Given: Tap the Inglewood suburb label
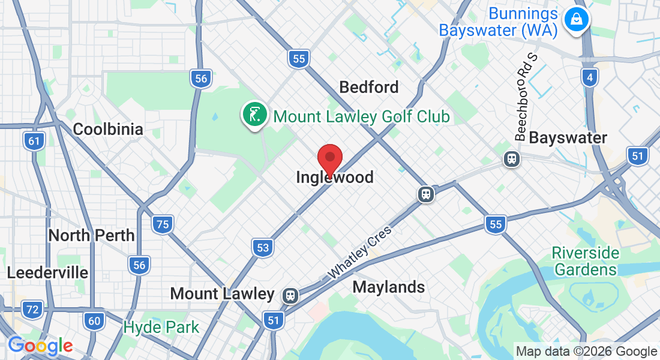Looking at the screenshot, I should coord(334,178).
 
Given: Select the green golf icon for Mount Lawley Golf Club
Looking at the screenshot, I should coord(254,113).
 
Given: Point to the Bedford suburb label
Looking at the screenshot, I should coord(368,88).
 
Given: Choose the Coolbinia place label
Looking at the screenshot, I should coord(108,129).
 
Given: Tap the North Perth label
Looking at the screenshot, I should coord(91,235).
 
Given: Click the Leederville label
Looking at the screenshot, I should coord(47,273).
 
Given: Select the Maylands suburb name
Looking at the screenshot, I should coord(389,287).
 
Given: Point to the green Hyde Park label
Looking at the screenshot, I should coord(161,328).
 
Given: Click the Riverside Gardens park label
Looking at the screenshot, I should coord(585,261).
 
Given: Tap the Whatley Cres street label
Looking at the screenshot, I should coord(359,252).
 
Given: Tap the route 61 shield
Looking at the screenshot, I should coord(34,142).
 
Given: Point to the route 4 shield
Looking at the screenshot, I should coord(590,77).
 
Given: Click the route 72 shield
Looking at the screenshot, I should coord(32,310).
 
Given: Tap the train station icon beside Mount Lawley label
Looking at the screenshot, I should coord(291,295).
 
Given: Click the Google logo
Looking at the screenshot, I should coord(40,346).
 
